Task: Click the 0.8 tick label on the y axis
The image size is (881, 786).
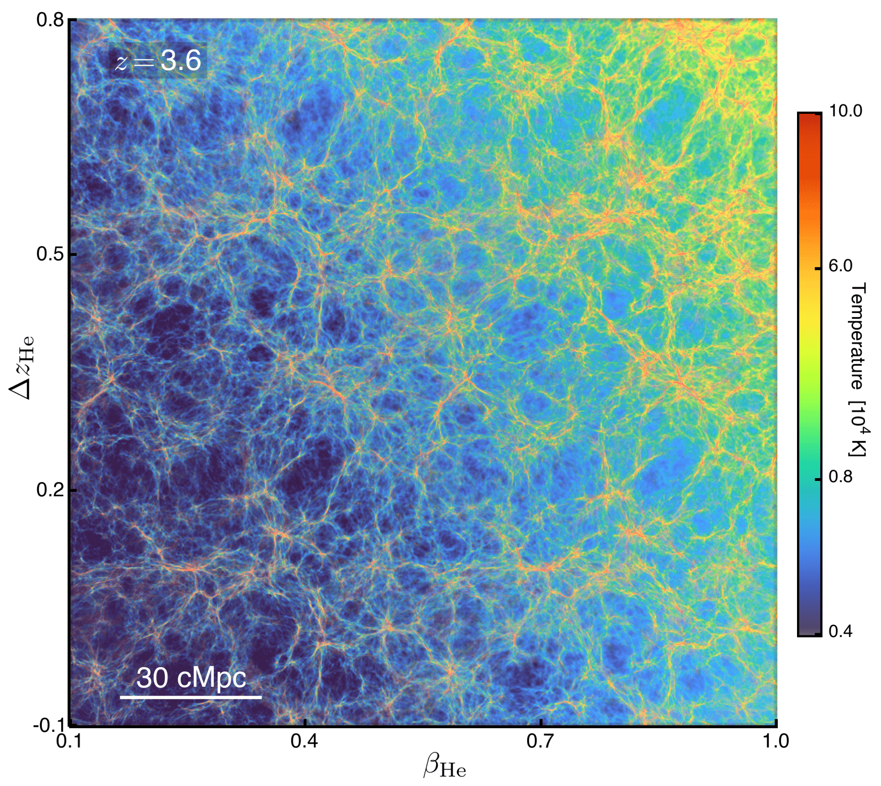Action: click(x=50, y=20)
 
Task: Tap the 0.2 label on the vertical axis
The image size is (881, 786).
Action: click(x=50, y=490)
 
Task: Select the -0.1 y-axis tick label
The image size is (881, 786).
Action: click(x=48, y=725)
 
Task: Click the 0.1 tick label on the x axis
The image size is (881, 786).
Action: click(x=69, y=741)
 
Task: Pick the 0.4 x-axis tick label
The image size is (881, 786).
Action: click(x=304, y=741)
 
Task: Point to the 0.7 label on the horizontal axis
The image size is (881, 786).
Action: click(x=541, y=741)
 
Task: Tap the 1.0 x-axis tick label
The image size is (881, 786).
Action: click(x=775, y=741)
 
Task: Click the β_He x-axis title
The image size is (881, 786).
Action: click(x=444, y=767)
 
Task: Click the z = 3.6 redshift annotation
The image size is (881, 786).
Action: click(x=157, y=60)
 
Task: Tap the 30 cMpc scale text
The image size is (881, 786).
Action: click(x=191, y=678)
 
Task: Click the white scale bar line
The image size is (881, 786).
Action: click(x=191, y=697)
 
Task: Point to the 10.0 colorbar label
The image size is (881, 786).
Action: click(x=845, y=111)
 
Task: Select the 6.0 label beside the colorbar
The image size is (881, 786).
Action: click(x=840, y=266)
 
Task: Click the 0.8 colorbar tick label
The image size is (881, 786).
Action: click(x=840, y=477)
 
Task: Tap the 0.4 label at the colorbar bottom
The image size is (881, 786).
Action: click(x=840, y=631)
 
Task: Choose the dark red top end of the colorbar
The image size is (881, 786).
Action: click(x=809, y=117)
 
